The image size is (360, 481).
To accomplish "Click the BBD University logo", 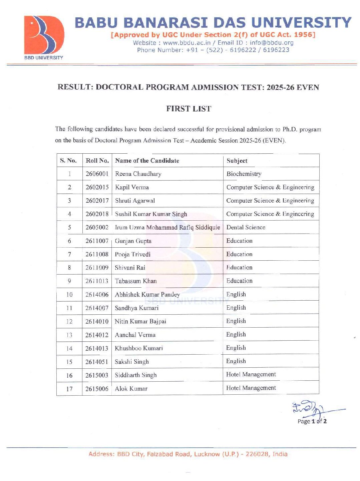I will [x=44, y=37].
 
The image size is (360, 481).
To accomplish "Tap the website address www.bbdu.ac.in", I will [x=187, y=43].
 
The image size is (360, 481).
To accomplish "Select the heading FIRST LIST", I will [x=189, y=109].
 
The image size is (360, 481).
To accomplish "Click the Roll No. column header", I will [x=97, y=160].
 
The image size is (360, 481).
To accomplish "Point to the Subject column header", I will [x=237, y=160].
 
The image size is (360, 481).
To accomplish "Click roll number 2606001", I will [x=97, y=174].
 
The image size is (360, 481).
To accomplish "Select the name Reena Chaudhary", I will [x=138, y=174].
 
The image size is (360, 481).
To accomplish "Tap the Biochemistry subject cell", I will [x=244, y=174].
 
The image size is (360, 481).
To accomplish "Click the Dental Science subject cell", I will [x=246, y=227].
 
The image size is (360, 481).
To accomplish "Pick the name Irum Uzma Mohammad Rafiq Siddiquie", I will [x=167, y=227].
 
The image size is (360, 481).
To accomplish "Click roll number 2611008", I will [x=97, y=254].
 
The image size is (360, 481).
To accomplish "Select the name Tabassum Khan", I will [x=136, y=281].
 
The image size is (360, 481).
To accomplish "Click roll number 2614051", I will [x=97, y=362].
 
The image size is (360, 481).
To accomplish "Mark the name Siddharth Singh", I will [x=135, y=375].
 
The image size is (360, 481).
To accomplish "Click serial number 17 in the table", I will [x=69, y=389].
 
